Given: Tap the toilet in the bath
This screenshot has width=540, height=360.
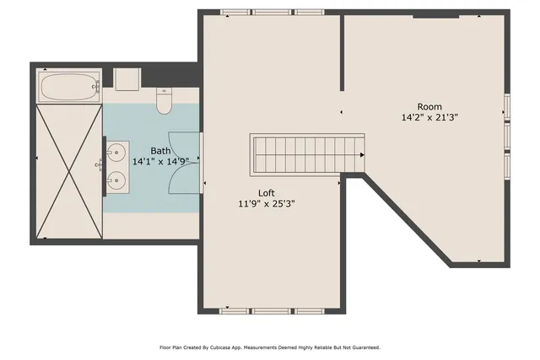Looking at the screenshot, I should click(x=165, y=102).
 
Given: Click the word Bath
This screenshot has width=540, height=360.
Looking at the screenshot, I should click(x=160, y=151).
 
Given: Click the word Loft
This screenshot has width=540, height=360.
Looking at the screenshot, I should click(x=267, y=192).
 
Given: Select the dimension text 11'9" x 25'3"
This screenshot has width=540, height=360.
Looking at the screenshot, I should click(x=267, y=203).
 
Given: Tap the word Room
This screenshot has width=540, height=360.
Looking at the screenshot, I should click(x=429, y=107).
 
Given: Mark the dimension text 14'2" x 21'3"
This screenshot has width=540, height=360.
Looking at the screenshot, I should click(x=429, y=118).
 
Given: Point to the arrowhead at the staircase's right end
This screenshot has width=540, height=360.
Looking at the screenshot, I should click(x=361, y=155).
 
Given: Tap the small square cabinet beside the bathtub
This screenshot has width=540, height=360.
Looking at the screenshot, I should click(x=127, y=79).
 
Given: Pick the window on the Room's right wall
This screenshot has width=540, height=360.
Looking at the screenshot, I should click(x=507, y=135).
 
